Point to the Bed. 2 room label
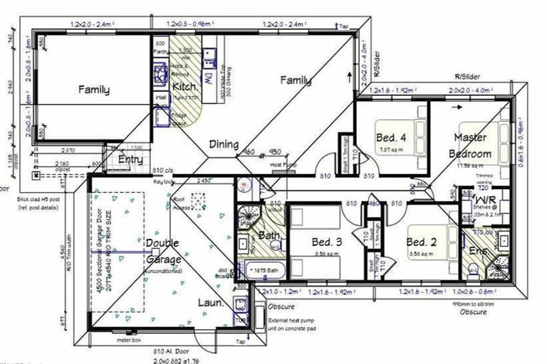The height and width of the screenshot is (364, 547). (422, 242)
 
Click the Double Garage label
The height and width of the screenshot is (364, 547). (162, 250)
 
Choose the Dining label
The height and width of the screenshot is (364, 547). (224, 144)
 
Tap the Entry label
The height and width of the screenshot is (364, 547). (130, 160)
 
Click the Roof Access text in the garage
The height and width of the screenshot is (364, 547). (182, 204)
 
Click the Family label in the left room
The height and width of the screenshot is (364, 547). (94, 90)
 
